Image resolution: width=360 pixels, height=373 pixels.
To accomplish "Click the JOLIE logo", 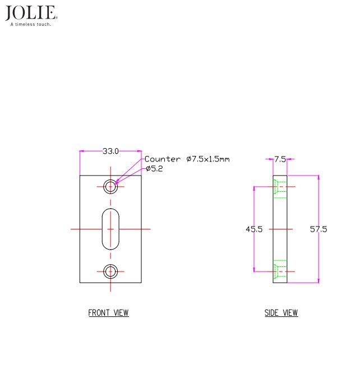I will click(x=31, y=13).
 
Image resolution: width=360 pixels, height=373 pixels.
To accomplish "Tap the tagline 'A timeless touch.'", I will click(x=31, y=24).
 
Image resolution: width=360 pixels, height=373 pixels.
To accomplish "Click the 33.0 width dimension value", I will click(x=110, y=151).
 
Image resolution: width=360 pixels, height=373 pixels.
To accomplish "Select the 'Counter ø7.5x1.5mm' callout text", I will click(x=187, y=159).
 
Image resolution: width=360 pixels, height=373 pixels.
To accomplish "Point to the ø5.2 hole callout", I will click(x=154, y=168).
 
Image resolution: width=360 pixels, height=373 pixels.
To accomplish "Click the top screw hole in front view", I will click(x=110, y=186).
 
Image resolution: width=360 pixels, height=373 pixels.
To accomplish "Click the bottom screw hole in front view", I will click(x=110, y=272).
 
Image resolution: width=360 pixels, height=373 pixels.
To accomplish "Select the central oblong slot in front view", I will click(x=110, y=229).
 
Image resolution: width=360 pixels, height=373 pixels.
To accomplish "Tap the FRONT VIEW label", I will click(x=108, y=313).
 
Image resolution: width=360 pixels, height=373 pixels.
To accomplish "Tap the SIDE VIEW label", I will click(x=281, y=313).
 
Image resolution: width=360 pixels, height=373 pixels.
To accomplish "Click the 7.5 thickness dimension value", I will click(x=280, y=159).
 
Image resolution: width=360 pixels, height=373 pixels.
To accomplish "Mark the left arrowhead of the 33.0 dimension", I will click(x=82, y=151).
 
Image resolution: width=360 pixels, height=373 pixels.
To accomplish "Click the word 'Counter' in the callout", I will click(x=163, y=159).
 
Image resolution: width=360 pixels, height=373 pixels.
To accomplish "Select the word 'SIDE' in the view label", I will click(x=272, y=313).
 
